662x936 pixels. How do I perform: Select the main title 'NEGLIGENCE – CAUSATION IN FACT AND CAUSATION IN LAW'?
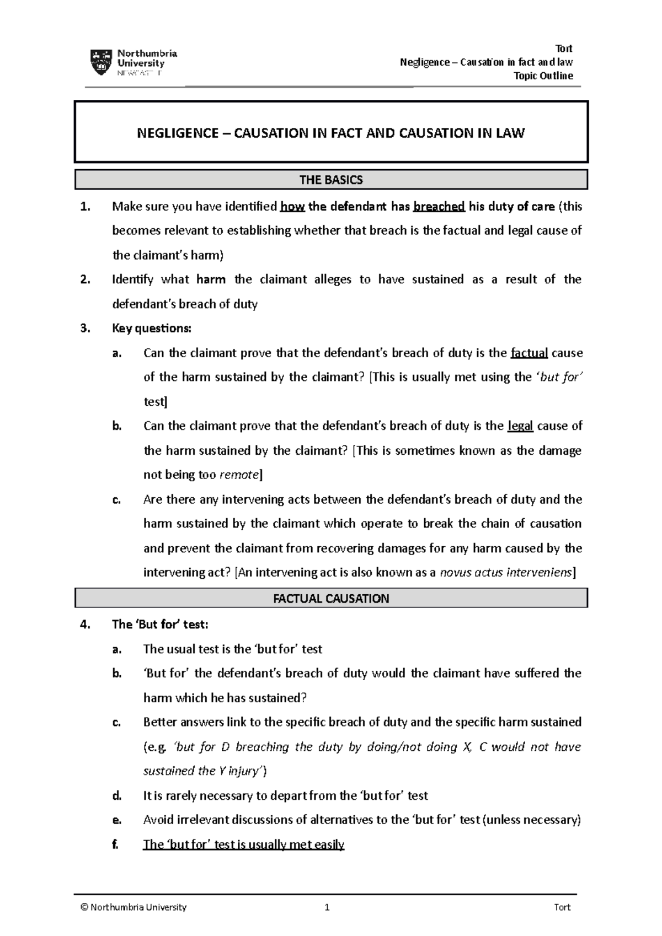[331, 133]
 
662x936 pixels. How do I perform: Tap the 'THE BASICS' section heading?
[331, 180]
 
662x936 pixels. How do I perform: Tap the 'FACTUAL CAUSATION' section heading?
[331, 598]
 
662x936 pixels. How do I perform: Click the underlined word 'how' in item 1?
[292, 207]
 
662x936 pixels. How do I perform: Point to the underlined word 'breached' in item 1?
[439, 207]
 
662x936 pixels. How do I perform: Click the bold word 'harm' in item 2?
[211, 279]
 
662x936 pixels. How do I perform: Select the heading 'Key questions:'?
[152, 329]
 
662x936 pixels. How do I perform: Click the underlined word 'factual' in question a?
[529, 353]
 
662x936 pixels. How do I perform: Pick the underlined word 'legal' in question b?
[520, 426]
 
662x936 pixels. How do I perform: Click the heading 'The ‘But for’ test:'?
[160, 625]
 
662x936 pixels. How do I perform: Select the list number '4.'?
[84, 625]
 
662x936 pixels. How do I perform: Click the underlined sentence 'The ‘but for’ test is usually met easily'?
[243, 844]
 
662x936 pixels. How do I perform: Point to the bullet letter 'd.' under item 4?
[116, 795]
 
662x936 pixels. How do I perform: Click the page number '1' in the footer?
[327, 907]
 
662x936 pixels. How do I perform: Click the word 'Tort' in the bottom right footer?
[562, 907]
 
